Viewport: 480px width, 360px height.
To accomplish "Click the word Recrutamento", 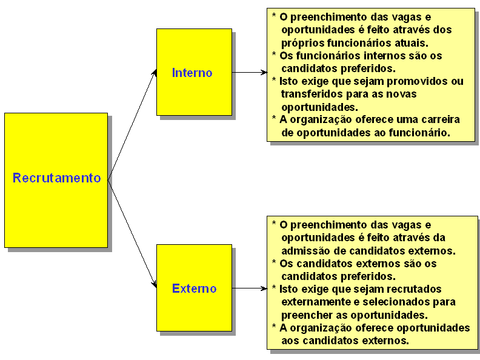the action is (56, 178).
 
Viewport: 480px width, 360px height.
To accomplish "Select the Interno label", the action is (192, 73).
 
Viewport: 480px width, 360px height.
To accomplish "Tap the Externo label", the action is (194, 288).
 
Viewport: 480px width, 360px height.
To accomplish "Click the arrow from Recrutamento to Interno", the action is (132, 124).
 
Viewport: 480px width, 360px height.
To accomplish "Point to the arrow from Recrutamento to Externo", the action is (132, 233).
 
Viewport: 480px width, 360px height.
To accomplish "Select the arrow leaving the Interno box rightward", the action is (248, 72).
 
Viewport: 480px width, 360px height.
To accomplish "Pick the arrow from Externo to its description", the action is (248, 288).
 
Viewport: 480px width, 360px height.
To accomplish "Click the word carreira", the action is (438, 119).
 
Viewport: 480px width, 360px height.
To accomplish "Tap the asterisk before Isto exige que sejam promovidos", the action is (275, 81).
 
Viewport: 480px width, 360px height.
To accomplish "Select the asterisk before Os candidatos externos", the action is (275, 263).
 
